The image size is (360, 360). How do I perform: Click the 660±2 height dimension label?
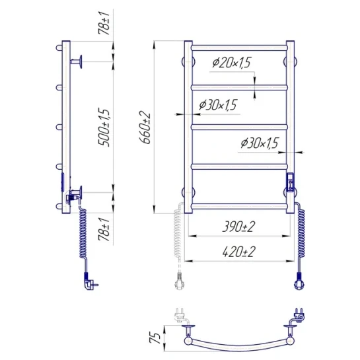coord(145,127)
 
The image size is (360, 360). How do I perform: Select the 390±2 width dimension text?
coord(238,227)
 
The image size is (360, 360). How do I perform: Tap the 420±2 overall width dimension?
coord(238,252)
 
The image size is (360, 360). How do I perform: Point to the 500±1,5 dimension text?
coord(104,127)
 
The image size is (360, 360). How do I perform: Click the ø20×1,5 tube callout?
coord(231,63)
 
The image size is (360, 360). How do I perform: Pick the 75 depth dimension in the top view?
coord(155,338)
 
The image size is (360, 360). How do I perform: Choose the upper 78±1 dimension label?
coord(104,23)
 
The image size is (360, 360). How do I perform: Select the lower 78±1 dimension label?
coord(104,229)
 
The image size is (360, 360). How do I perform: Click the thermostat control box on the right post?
coord(290,182)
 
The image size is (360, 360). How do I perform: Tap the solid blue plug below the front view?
coord(299,281)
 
